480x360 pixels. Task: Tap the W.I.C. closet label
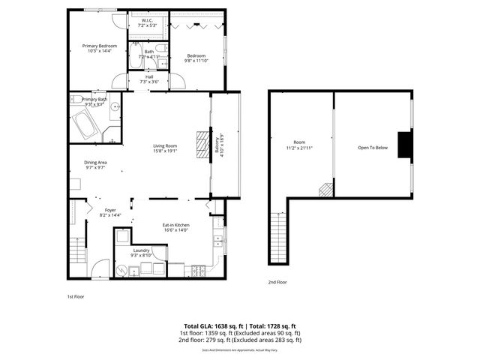click(148, 21)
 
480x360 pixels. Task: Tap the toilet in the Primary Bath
click(110, 134)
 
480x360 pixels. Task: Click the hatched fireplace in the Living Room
click(201, 142)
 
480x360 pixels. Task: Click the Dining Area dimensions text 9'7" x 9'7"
click(94, 168)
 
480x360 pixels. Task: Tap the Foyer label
click(110, 210)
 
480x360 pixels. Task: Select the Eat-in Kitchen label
click(176, 225)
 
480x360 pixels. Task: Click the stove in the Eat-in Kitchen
click(199, 268)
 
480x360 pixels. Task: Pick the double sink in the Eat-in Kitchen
click(218, 241)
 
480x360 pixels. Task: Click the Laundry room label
click(141, 250)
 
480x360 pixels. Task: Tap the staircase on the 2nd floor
click(278, 235)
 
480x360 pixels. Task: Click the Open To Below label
click(372, 148)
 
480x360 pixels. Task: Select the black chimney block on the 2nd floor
click(404, 145)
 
